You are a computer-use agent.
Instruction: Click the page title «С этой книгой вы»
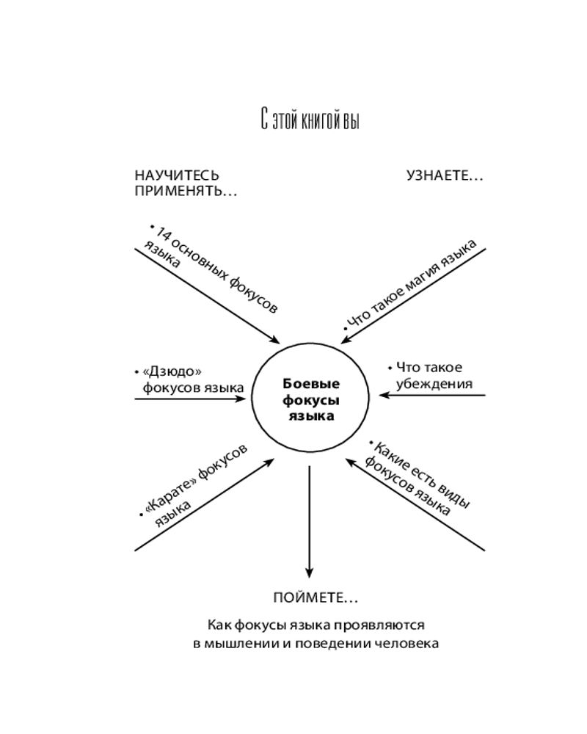tap(310, 120)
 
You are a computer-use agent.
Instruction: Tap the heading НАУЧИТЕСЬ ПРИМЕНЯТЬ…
tap(186, 183)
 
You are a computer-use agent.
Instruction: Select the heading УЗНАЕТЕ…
tap(445, 176)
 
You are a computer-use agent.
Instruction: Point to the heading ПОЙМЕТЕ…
tap(316, 598)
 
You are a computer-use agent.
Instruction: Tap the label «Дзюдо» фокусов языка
tap(189, 379)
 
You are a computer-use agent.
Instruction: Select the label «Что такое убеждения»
tap(430, 375)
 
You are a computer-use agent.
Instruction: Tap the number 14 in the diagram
tap(163, 235)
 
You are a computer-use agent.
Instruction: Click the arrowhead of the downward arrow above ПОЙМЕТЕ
tap(309, 571)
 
